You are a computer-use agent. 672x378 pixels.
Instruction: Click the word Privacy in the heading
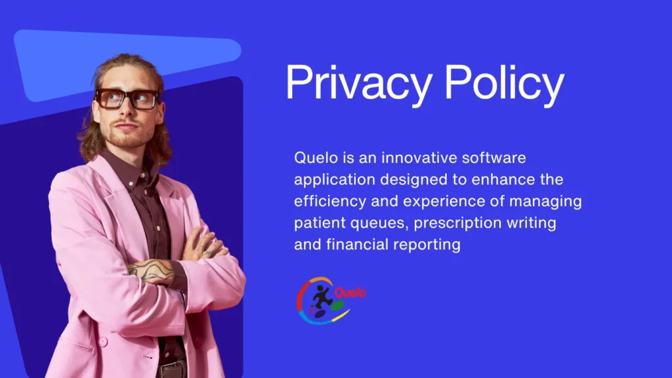(x=359, y=85)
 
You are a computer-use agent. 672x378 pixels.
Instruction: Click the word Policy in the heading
(x=504, y=85)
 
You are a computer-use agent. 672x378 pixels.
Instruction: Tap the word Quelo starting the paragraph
(x=316, y=157)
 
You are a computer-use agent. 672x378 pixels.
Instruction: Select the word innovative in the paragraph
(x=419, y=157)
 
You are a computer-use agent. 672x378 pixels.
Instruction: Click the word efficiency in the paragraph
(x=330, y=201)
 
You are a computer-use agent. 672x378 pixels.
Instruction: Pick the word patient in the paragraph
(x=320, y=223)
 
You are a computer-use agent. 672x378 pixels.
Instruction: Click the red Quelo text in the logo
(x=350, y=293)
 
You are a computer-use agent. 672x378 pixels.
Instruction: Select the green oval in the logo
(x=337, y=306)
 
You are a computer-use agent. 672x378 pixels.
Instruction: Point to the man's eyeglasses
(x=127, y=98)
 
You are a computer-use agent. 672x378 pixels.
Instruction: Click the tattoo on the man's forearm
(x=152, y=271)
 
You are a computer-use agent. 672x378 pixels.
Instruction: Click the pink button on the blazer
(x=103, y=341)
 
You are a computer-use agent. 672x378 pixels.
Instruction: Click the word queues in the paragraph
(x=379, y=223)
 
